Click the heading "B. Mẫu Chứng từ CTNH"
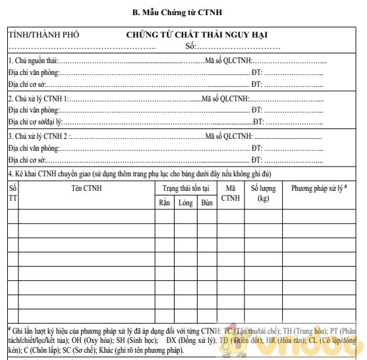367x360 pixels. click(183, 11)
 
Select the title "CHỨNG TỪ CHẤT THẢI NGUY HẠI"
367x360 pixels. click(197, 35)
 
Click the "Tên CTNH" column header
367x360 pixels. click(86, 188)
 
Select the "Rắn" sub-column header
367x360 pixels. click(164, 203)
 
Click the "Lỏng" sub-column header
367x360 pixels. click(185, 203)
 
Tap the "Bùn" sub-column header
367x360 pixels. click(207, 203)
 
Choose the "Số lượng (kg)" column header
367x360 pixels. click(264, 193)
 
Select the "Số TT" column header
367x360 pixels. click(13, 193)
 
